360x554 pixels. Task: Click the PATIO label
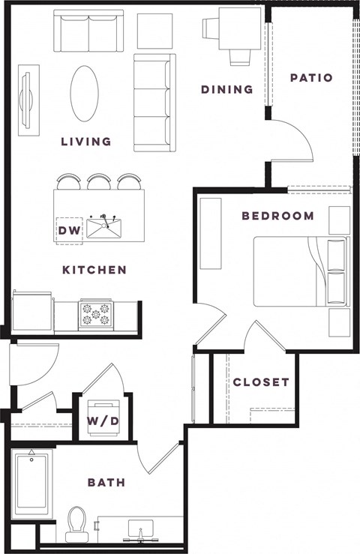[x=310, y=77]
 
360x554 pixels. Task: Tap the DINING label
[x=226, y=90]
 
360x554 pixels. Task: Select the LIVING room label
[x=86, y=141]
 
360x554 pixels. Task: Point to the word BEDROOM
[x=277, y=216]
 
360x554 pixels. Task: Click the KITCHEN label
[x=94, y=270]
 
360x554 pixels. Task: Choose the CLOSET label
[x=260, y=382]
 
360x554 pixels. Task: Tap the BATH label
[x=106, y=482]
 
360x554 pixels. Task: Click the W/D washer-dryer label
[x=102, y=421]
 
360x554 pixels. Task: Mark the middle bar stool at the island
[x=99, y=182]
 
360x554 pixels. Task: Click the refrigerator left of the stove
[x=32, y=312]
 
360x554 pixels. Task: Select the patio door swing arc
[x=297, y=139]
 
